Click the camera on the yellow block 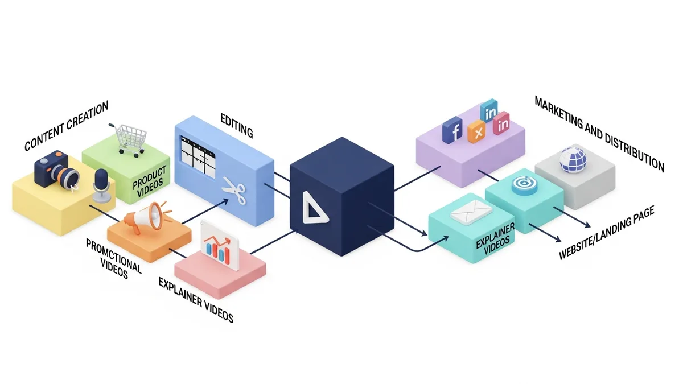[57, 170]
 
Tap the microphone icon [101, 185]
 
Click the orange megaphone [146, 216]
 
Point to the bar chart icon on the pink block [220, 246]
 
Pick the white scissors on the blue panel [234, 190]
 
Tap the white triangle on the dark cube [314, 208]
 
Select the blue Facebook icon [452, 130]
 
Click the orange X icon [476, 131]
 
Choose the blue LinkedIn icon [489, 110]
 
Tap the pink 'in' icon [501, 123]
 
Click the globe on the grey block [573, 160]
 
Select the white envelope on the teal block [471, 212]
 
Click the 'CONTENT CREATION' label [67, 126]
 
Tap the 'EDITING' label [237, 126]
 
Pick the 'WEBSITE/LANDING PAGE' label [607, 233]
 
